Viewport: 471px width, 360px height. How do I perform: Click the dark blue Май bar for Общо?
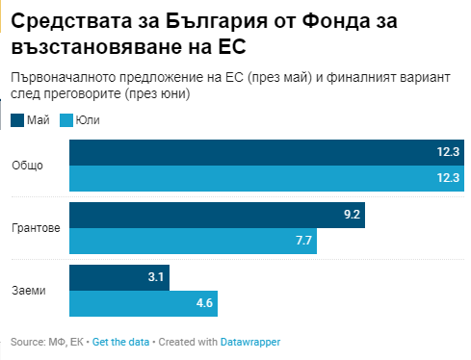point(267,152)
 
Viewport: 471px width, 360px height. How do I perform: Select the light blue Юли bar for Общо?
point(267,178)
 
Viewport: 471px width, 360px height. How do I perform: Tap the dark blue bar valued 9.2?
point(217,215)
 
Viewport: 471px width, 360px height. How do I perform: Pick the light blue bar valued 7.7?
point(193,241)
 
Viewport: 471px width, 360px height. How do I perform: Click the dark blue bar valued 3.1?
point(119,277)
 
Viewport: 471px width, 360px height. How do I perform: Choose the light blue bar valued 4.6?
point(144,303)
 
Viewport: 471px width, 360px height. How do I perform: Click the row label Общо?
point(27,166)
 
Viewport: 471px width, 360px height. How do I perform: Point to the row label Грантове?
point(36,228)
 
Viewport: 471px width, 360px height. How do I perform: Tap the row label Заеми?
point(29,291)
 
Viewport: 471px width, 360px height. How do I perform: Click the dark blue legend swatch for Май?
point(17,120)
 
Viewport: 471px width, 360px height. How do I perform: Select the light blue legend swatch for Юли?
point(66,120)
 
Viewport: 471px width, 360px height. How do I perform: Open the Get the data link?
point(120,342)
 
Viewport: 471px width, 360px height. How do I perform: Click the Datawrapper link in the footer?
point(250,343)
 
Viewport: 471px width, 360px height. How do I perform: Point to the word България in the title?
point(217,22)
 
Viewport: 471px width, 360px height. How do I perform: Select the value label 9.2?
point(352,215)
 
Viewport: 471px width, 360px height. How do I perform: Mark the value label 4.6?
point(204,303)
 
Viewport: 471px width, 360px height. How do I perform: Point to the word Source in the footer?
point(28,342)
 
